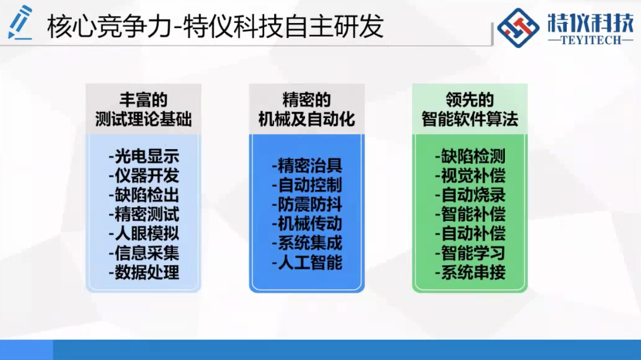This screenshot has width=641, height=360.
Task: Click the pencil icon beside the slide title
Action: (x=19, y=22)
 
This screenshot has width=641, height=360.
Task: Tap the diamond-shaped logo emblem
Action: (x=518, y=28)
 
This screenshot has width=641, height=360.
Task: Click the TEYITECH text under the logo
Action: (x=590, y=40)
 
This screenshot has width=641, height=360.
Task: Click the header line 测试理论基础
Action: (x=144, y=120)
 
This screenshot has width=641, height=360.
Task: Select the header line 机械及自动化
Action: (x=307, y=120)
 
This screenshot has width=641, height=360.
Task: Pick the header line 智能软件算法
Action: (x=470, y=120)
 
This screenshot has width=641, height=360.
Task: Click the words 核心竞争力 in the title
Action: (x=108, y=26)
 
